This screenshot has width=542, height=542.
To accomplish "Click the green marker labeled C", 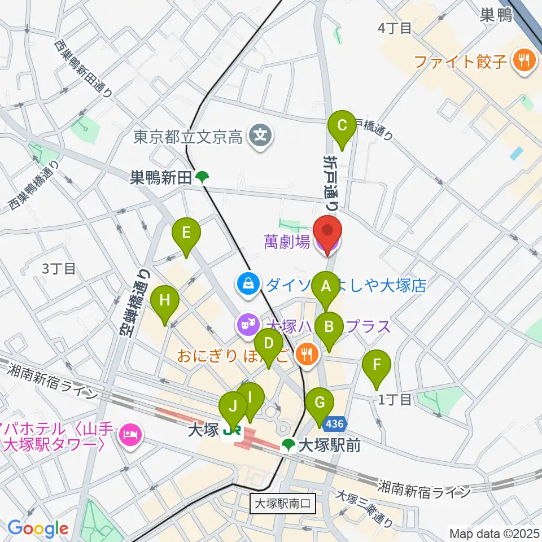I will (x=342, y=126).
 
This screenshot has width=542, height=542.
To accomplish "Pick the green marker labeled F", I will (x=377, y=365).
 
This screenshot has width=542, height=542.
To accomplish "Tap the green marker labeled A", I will (x=325, y=287).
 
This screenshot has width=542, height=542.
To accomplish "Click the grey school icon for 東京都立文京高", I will (x=261, y=135).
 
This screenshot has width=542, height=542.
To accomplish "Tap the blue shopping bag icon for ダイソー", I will (x=248, y=284).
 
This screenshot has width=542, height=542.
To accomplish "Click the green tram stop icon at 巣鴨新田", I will (x=202, y=178).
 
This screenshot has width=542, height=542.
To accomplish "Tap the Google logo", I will (x=38, y=529).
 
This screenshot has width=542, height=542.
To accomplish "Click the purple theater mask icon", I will (x=247, y=326).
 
